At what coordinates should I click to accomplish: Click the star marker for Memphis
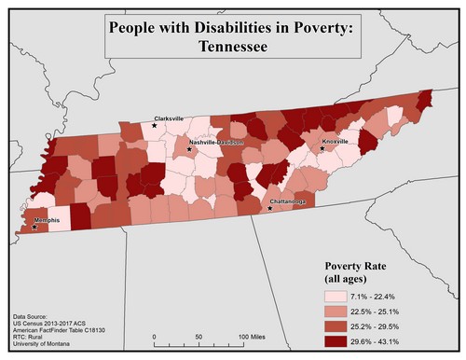pos(34,227)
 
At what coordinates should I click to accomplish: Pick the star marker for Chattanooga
pos(271,208)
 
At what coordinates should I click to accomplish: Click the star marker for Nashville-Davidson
pos(190,149)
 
